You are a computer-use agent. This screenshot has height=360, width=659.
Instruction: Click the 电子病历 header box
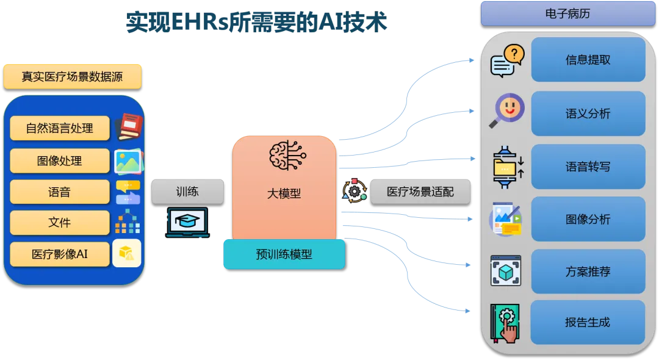(x=567, y=13)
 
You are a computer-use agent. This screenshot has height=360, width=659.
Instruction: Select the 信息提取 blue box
(x=588, y=60)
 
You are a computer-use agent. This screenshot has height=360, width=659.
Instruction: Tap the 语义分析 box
(x=588, y=113)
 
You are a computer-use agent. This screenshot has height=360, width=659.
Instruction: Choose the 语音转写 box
(x=588, y=167)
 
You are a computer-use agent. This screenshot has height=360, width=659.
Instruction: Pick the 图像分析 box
(x=588, y=219)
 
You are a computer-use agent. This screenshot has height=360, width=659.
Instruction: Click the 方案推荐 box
(x=588, y=272)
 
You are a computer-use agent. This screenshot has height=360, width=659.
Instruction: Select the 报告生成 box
(x=588, y=322)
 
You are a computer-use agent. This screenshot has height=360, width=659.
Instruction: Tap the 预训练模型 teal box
(x=284, y=254)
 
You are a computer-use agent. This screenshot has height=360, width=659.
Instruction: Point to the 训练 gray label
(x=187, y=192)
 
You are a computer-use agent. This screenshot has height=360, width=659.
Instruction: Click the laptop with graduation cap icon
(x=187, y=222)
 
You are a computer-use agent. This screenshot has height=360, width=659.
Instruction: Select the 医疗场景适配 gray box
(x=420, y=192)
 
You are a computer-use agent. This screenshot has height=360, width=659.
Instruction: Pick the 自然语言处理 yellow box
(x=60, y=129)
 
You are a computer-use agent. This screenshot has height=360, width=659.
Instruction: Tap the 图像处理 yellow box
(x=60, y=161)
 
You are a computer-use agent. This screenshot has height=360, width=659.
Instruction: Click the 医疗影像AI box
(x=60, y=254)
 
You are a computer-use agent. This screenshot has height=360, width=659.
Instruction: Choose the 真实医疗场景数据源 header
(x=72, y=77)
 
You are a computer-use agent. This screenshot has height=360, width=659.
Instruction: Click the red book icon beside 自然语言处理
(x=128, y=126)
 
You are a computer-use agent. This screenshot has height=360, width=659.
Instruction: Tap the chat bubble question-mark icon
(x=507, y=60)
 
